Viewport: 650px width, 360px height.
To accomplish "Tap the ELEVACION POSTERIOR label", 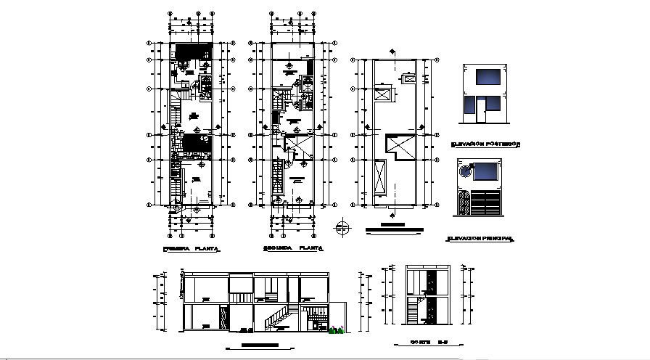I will (485, 144).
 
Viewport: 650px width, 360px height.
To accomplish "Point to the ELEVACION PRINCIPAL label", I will (480, 238).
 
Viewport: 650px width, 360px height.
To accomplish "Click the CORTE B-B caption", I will (425, 342).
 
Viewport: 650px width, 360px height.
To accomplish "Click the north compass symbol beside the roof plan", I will (342, 229).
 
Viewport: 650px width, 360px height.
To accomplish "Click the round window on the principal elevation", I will (464, 172).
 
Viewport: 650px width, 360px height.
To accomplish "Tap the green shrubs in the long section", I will (336, 331).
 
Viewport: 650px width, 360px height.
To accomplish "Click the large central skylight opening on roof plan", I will (400, 146).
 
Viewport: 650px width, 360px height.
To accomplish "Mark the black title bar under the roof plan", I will (394, 231).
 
